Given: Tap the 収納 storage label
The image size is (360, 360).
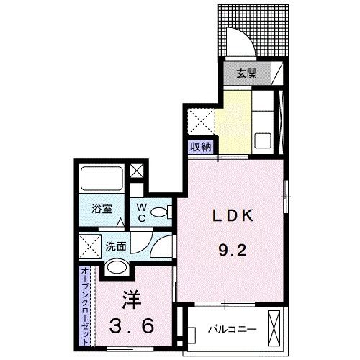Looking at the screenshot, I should click(x=201, y=146).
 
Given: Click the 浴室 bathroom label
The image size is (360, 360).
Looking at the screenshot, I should click(x=102, y=210).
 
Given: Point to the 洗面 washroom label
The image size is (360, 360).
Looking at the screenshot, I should click(x=117, y=245).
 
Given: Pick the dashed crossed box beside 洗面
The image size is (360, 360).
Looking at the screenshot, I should click(x=90, y=246).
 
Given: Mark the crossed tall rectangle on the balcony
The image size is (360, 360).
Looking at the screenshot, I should click(x=273, y=328).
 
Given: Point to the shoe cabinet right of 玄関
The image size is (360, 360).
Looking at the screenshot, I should click(x=275, y=73).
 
